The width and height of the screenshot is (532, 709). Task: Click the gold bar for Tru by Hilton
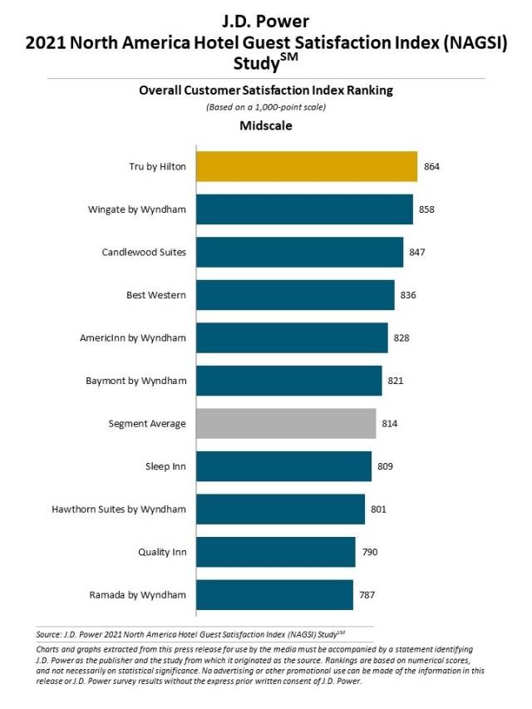pyautogui.click(x=306, y=166)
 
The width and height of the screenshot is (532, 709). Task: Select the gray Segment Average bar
pyautogui.click(x=285, y=424)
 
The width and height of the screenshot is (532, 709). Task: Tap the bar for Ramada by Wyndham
pyautogui.click(x=274, y=595)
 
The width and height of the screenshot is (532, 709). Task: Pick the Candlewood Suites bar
pyautogui.click(x=299, y=252)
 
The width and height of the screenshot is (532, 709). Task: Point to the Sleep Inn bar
pyautogui.click(x=283, y=466)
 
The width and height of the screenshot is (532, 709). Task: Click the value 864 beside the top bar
pyautogui.click(x=431, y=166)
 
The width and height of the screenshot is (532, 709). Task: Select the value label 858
pyautogui.click(x=426, y=209)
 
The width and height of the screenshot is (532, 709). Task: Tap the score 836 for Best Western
pyautogui.click(x=407, y=295)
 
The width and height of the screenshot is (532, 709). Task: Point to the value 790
pyautogui.click(x=369, y=552)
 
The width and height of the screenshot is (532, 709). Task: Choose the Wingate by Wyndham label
pyautogui.click(x=136, y=209)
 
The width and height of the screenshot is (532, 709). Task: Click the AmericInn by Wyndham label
pyautogui.click(x=132, y=338)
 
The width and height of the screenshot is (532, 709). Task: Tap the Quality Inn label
pyautogui.click(x=161, y=552)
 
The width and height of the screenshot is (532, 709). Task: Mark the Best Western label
pyautogui.click(x=155, y=295)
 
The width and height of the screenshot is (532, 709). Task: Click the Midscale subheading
pyautogui.click(x=266, y=126)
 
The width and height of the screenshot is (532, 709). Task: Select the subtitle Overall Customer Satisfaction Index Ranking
pyautogui.click(x=266, y=91)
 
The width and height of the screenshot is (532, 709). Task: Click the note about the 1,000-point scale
pyautogui.click(x=266, y=108)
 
